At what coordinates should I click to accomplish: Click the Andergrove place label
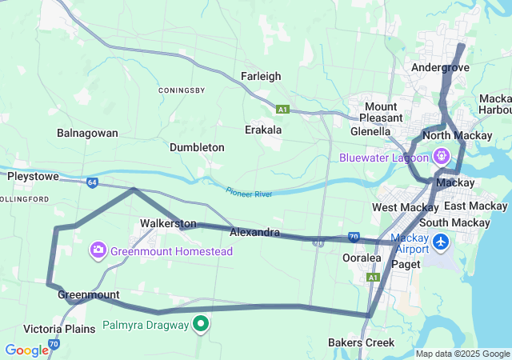[439, 68]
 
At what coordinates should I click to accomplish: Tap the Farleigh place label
[261, 76]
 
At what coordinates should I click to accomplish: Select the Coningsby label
[183, 90]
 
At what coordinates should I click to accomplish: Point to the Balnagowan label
[87, 133]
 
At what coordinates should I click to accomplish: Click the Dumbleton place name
[197, 148]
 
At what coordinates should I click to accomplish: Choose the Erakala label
[263, 130]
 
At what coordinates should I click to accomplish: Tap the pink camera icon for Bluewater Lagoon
[462, 158]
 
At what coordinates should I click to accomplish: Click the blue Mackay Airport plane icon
[441, 240]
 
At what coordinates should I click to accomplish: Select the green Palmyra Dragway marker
[202, 324]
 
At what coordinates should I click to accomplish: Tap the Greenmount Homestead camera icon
[98, 251]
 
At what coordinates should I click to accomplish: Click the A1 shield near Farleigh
[282, 109]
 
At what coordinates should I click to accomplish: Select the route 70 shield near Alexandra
[353, 237]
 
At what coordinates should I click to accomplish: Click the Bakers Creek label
[361, 342]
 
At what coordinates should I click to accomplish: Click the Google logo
[26, 350]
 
